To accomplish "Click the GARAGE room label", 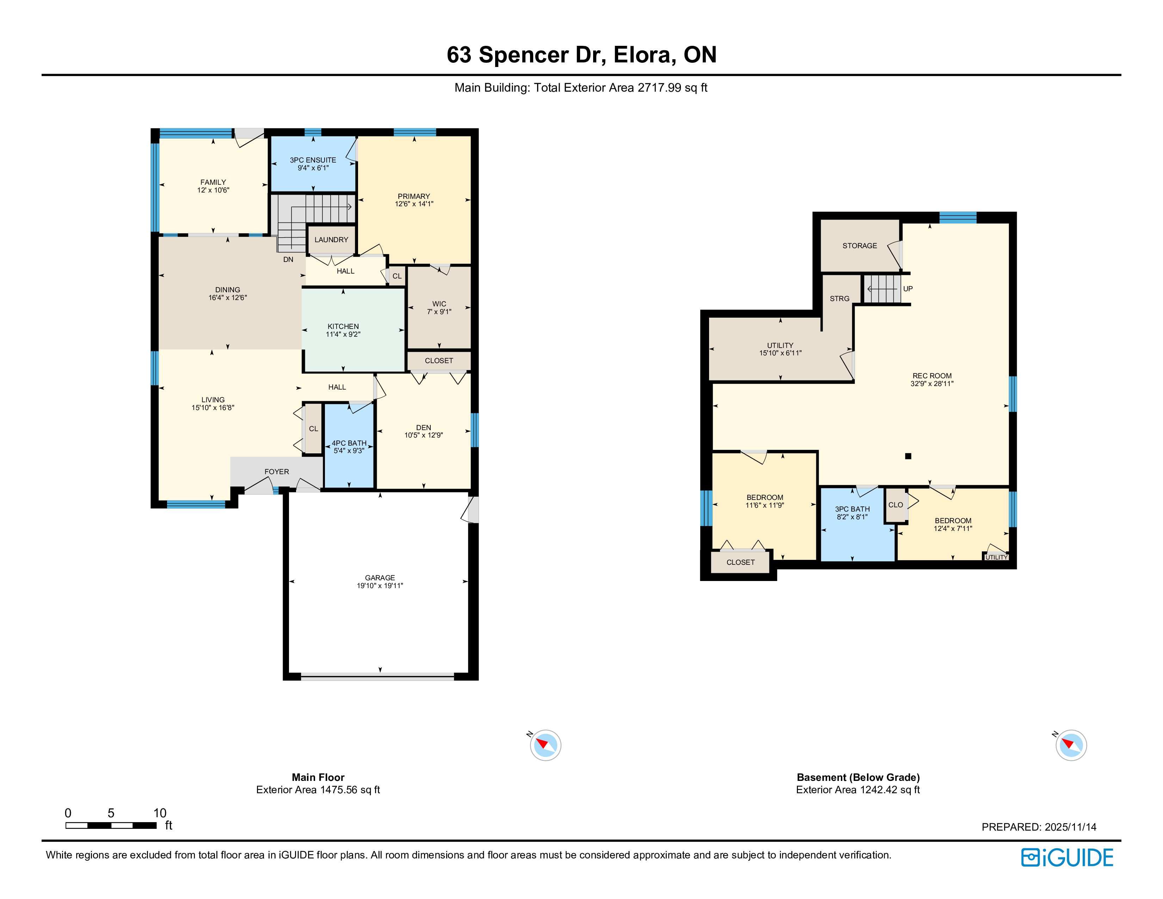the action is tap(380, 577).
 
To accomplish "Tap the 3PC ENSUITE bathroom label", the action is tap(313, 160).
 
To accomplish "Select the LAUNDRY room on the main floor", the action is tap(331, 240).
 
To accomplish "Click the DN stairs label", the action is tap(288, 259).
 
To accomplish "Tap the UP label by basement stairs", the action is tap(908, 289).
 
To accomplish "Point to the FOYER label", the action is tap(277, 471).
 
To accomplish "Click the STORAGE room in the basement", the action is tap(860, 245).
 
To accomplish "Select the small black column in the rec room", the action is tap(909, 456).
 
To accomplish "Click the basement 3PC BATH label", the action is tap(853, 509).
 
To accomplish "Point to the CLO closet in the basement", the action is tap(896, 505).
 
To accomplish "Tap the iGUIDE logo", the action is tap(1067, 857).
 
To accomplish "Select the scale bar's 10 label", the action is tap(160, 813).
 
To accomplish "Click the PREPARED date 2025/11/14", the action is tap(1070, 827).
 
